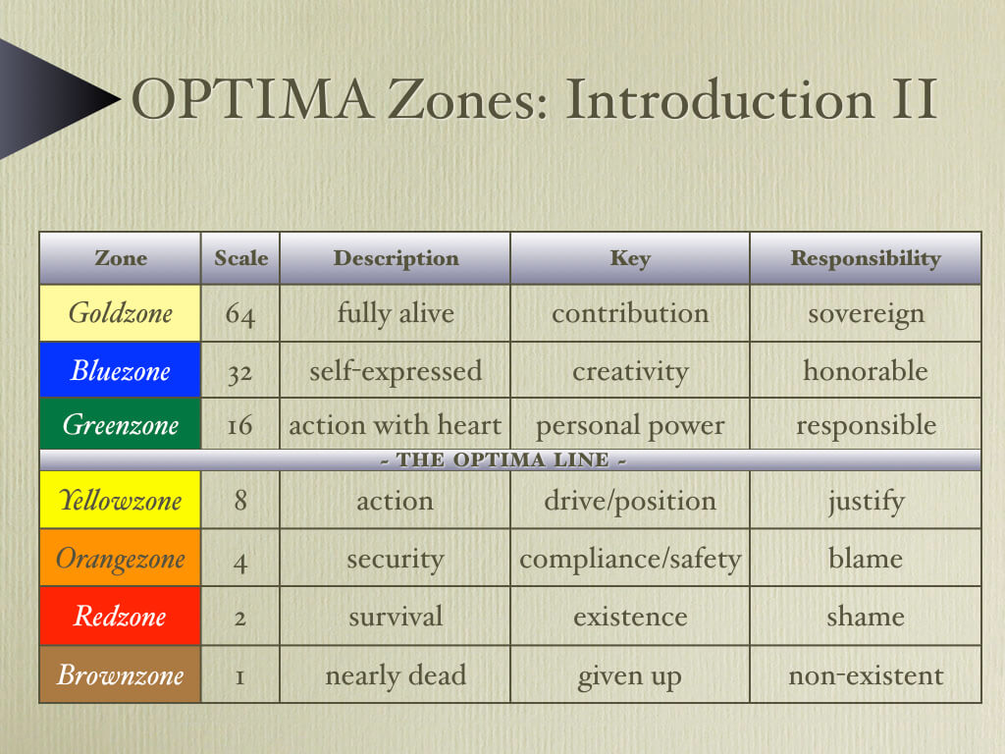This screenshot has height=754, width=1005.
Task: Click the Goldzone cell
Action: [121, 313]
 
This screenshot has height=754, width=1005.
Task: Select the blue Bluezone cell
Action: [121, 370]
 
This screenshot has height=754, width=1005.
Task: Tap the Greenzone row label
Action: [121, 424]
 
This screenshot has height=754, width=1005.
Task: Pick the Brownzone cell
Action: [121, 674]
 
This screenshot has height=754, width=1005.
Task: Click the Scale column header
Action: [240, 258]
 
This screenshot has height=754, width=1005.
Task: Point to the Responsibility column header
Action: [866, 258]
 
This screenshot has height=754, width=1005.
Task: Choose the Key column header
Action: [630, 258]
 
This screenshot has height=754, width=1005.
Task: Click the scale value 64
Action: [240, 314]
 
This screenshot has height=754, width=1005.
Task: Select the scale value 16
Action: [239, 425]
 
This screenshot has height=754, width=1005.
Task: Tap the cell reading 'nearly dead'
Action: [396, 674]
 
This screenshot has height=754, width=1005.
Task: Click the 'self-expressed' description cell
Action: [396, 370]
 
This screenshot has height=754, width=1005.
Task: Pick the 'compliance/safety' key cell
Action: [630, 558]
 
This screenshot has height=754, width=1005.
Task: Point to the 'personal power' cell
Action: [630, 424]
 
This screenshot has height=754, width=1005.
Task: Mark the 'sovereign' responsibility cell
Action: [866, 313]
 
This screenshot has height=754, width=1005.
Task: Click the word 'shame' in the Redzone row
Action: [866, 617]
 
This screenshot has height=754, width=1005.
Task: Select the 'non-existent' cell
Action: [866, 674]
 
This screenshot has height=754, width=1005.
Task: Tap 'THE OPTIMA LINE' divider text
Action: [503, 459]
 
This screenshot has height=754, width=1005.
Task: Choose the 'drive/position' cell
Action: [630, 500]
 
